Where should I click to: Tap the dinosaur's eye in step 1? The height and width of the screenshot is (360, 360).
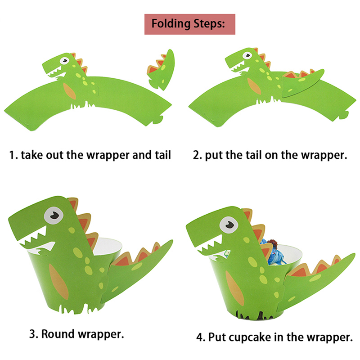click(64, 61)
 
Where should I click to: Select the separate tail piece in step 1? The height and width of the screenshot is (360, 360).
click(161, 70)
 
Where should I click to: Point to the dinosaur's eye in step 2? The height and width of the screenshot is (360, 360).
click(247, 55)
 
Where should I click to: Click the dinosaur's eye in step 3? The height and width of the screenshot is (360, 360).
click(54, 216)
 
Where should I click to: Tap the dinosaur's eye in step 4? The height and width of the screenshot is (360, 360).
click(229, 225)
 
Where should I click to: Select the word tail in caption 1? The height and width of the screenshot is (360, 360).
click(163, 155)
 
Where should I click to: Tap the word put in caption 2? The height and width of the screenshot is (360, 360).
click(214, 155)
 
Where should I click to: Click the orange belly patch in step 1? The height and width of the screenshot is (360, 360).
click(69, 91)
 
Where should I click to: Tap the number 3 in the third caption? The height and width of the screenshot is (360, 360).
click(32, 334)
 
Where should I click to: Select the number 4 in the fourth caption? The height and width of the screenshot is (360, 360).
click(200, 337)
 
